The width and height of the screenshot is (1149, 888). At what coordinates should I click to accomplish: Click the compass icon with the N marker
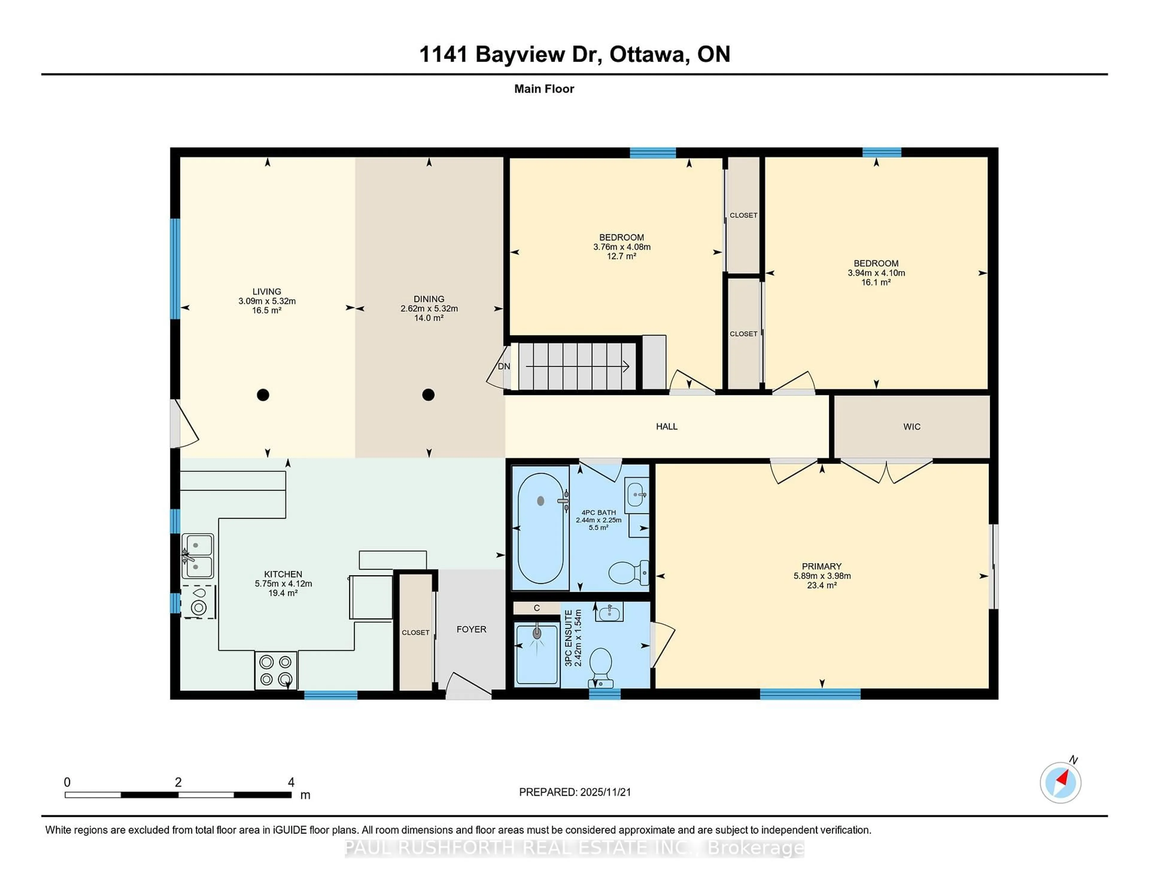click(x=1060, y=783)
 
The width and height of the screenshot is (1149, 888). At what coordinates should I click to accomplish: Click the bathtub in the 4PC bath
click(x=540, y=528)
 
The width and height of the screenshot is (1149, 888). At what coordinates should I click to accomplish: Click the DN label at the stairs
click(x=504, y=366)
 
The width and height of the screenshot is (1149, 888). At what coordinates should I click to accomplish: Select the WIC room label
click(x=912, y=427)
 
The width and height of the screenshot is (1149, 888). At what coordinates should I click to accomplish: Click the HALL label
click(x=667, y=427)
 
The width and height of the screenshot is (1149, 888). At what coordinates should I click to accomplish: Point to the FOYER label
click(x=471, y=629)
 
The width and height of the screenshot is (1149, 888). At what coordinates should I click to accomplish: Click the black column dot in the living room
click(x=263, y=395)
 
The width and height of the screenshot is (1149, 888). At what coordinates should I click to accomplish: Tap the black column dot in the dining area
click(x=428, y=395)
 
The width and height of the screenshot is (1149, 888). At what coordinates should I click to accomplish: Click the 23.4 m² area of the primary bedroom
click(x=821, y=585)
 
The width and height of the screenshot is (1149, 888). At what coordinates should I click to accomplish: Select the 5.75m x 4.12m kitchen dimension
click(x=283, y=583)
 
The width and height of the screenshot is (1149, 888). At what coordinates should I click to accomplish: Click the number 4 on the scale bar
click(x=291, y=782)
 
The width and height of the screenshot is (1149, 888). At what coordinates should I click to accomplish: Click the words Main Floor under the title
click(x=544, y=89)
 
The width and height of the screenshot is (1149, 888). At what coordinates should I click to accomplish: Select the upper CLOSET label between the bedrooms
click(x=743, y=215)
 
